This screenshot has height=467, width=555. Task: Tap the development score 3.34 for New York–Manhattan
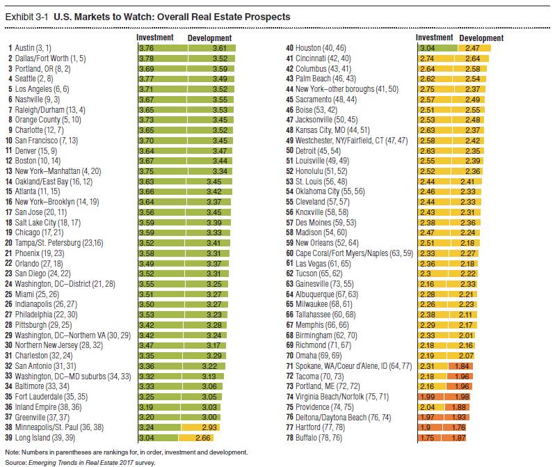click(221, 171)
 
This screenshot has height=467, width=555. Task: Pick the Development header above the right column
click(481, 38)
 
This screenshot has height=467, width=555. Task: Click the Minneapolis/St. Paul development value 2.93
click(221, 426)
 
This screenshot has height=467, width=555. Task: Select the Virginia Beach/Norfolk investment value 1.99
click(428, 395)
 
